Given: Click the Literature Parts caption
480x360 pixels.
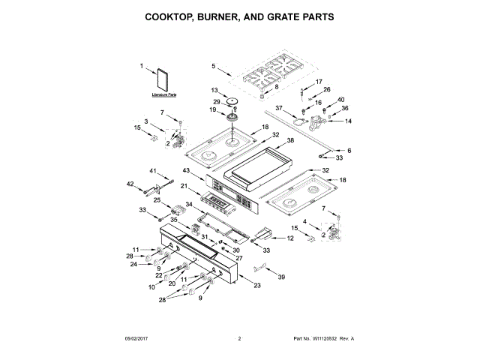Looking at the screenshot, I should pos(163,95).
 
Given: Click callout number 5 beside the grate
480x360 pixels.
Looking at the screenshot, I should pos(213,67).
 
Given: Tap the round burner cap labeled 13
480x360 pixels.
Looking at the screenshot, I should pos(231,100).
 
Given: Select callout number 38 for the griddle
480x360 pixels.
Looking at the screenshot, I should pos(290,140).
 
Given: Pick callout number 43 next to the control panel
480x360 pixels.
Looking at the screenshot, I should pos(186,171).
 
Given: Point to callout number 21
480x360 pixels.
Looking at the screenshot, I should pos(183,186).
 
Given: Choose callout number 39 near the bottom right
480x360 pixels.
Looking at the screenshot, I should pos(282,277).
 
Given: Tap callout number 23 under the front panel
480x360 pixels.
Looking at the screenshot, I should pos(257,286).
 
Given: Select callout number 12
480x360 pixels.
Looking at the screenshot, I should pos(290,238).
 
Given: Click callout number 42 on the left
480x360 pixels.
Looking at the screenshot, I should pos(130,184).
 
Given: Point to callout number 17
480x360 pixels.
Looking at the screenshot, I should pos(319,82).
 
